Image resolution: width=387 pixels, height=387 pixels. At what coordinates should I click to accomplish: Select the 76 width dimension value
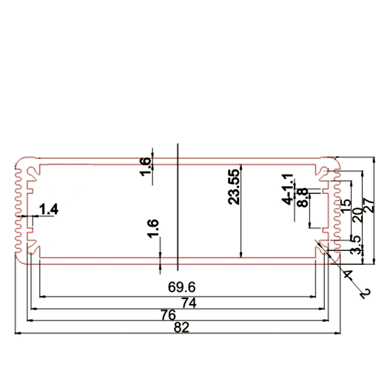(x=168, y=314)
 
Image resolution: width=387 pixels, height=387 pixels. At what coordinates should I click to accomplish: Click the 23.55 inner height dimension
(x=234, y=187)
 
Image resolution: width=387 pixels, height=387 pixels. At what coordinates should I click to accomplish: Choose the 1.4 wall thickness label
(x=49, y=209)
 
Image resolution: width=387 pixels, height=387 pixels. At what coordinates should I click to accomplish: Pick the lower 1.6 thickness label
(x=153, y=229)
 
